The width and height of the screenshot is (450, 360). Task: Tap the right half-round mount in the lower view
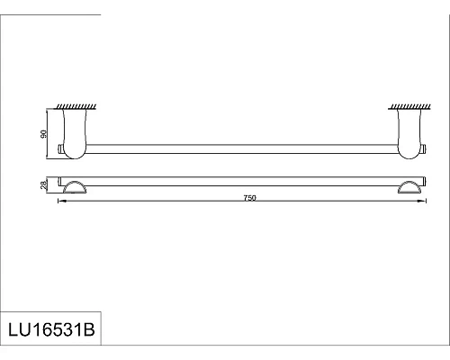(406, 186)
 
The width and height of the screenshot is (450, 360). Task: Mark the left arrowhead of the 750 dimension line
(60, 202)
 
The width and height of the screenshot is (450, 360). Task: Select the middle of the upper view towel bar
(240, 147)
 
